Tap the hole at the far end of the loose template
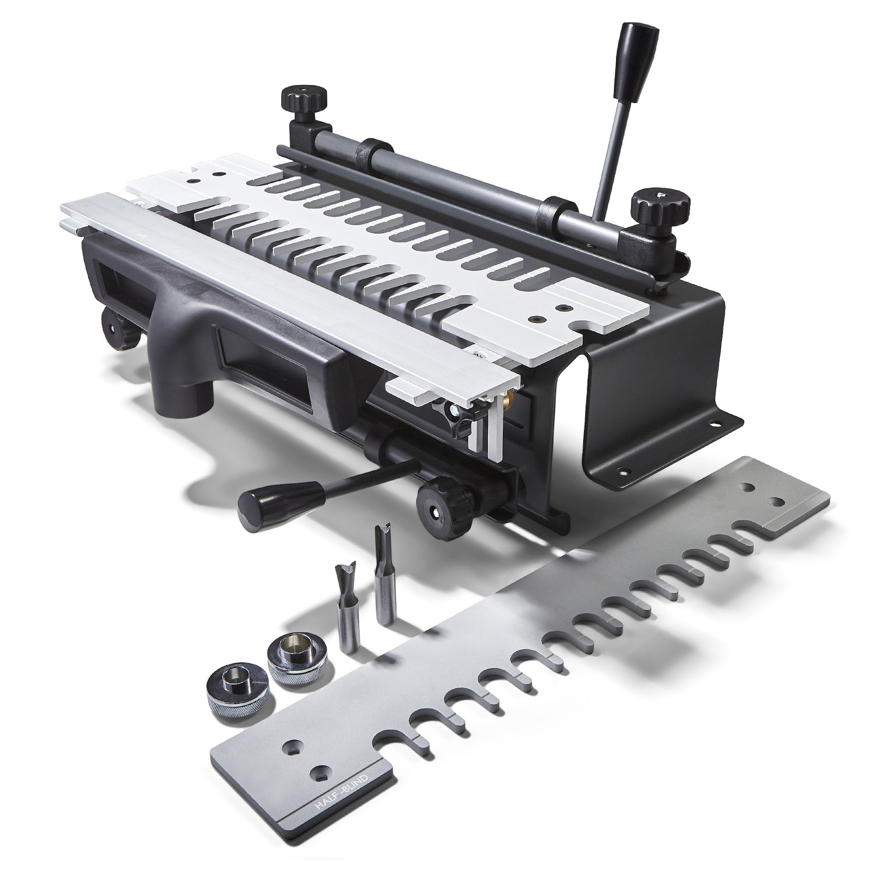pos(776,502)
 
